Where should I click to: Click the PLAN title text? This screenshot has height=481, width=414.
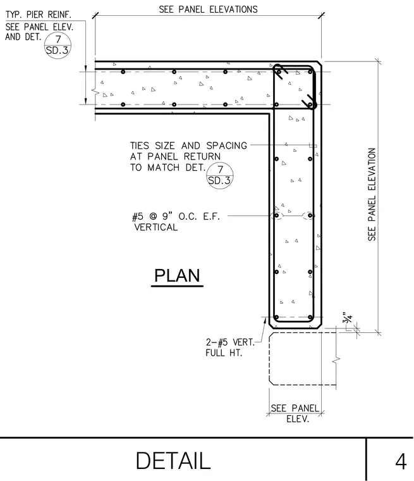[x=177, y=275]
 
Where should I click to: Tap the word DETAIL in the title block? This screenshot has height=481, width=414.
[x=173, y=461]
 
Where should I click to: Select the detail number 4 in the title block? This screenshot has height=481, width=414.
[x=401, y=461]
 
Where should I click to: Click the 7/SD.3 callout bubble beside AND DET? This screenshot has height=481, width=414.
[x=58, y=45]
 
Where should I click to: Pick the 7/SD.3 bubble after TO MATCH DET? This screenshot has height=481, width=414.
[x=220, y=175]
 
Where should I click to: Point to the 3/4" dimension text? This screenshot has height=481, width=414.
[x=348, y=318]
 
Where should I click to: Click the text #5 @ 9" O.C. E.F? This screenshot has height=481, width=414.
[x=176, y=216]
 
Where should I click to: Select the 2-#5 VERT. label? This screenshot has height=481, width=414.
[x=230, y=342]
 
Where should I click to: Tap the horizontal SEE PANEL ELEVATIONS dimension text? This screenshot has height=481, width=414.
[x=208, y=9]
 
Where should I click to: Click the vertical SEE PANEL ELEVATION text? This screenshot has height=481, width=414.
[x=372, y=194]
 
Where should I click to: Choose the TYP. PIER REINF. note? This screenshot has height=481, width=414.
[x=39, y=15]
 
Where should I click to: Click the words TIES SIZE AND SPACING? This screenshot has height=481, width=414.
[x=188, y=146]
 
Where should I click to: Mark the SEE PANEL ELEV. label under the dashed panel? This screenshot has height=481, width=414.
[x=295, y=413]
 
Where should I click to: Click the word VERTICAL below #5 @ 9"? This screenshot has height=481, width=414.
[x=156, y=227]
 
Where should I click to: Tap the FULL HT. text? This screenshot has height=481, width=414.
[x=224, y=353]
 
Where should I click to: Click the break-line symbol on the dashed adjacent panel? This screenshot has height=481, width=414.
[x=336, y=359]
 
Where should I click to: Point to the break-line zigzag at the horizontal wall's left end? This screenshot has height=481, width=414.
[x=95, y=91]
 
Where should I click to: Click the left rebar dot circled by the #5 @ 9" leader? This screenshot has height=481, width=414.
[x=276, y=215]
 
